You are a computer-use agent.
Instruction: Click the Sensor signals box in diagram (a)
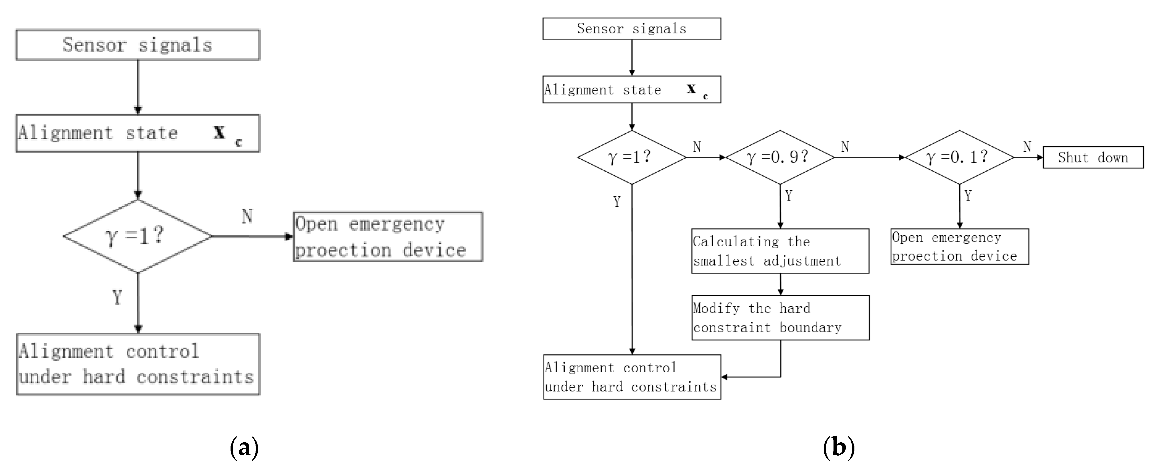pos(138,45)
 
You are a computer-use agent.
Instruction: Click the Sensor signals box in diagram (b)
pos(631,29)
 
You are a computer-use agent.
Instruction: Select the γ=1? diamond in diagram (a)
pos(137,236)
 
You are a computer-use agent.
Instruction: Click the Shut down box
pos(1093,158)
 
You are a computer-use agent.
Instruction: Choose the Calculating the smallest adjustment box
pos(780,251)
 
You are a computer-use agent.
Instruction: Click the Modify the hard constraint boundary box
pos(780,318)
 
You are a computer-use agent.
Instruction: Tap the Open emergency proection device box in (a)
pos(388,237)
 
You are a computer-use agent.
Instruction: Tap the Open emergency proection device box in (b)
pos(959,247)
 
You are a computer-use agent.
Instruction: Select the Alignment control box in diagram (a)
pos(138,364)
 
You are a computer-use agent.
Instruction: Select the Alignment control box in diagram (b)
pos(631,377)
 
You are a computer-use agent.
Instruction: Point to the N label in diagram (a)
pos(247,217)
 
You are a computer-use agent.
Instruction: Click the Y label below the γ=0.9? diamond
pos(789,195)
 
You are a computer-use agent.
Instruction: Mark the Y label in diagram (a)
pos(117,297)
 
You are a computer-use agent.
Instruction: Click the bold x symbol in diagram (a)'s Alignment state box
pos(219,132)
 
